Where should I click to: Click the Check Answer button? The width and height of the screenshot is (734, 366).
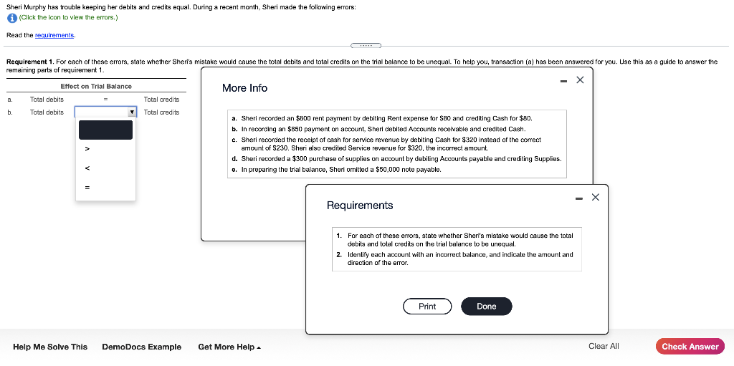click(x=690, y=347)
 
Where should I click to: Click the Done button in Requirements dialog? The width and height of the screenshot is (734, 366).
click(x=486, y=307)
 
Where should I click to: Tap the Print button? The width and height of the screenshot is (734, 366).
click(x=427, y=307)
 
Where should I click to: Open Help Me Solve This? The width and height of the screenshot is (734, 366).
click(x=50, y=347)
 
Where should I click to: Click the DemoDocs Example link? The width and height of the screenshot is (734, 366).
click(x=141, y=347)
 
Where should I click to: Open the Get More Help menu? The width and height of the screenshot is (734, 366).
click(x=229, y=347)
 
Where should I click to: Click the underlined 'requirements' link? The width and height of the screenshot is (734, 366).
click(x=57, y=35)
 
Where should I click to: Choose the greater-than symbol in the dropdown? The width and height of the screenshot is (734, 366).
click(x=87, y=149)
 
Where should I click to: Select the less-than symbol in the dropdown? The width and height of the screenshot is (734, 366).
click(x=87, y=169)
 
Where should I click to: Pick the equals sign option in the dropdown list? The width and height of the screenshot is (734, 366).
click(x=87, y=188)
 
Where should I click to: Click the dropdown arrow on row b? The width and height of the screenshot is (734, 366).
click(x=132, y=112)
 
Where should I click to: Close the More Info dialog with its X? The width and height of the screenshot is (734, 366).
click(x=580, y=80)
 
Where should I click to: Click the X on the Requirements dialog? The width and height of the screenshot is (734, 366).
click(x=596, y=197)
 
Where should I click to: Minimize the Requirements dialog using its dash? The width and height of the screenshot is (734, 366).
click(x=578, y=197)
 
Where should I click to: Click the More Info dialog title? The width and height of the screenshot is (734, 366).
click(x=244, y=88)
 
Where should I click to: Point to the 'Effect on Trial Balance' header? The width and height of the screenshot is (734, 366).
click(x=96, y=86)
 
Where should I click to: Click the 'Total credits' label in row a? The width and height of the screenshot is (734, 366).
click(x=161, y=100)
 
